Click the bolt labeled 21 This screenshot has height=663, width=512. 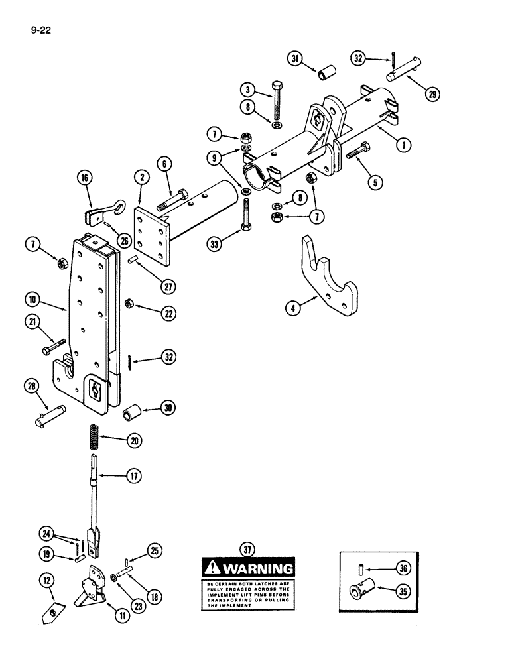click(52, 346)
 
